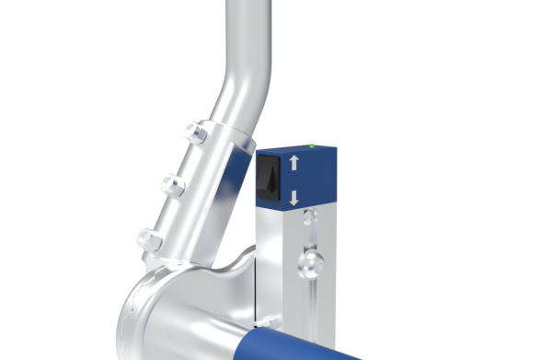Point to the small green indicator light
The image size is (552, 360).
[313, 145]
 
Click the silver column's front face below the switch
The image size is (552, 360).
[276, 258]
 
